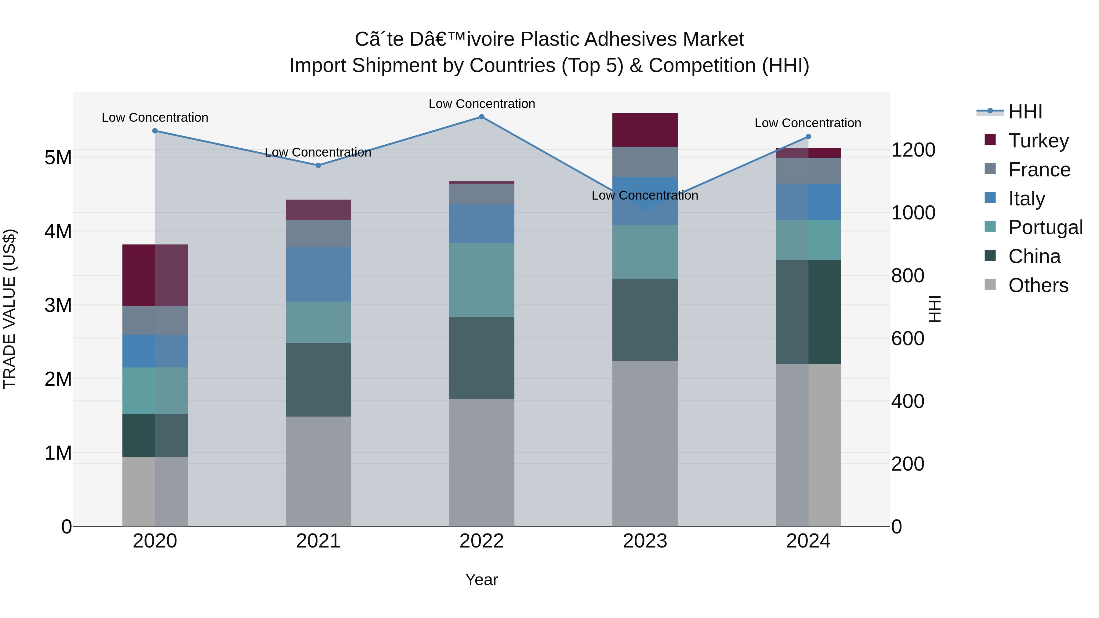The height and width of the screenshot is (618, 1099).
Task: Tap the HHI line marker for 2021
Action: (x=318, y=165)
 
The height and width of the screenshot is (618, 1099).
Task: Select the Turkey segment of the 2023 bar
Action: (x=645, y=130)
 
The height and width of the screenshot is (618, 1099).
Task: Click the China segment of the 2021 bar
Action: (x=318, y=380)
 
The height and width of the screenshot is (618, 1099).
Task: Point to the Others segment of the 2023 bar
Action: (x=645, y=443)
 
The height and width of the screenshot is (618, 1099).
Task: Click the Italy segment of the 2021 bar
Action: (x=318, y=274)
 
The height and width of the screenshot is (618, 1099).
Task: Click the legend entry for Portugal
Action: (x=1045, y=227)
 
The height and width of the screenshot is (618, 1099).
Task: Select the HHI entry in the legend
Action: (x=1025, y=112)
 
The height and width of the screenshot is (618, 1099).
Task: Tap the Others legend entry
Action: (x=1038, y=285)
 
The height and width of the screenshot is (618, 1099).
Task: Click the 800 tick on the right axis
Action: (x=908, y=276)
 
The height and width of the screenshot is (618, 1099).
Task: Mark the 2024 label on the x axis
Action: (x=808, y=541)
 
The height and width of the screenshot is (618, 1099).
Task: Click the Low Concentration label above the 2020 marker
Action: (x=155, y=118)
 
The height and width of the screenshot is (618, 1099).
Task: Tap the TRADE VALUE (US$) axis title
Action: (x=9, y=309)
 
